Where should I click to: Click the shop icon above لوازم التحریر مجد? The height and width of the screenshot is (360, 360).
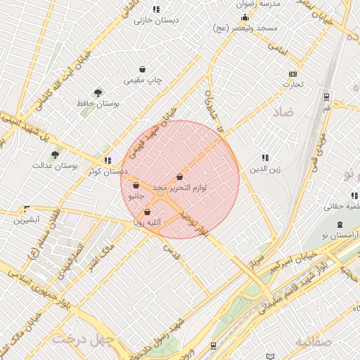click(x=180, y=176)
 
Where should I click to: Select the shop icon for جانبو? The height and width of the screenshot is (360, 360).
click(x=136, y=186)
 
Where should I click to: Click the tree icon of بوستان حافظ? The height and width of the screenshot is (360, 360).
click(x=98, y=92)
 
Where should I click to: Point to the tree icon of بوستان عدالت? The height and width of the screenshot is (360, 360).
click(x=55, y=155)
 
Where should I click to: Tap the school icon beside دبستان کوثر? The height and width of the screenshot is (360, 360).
click(x=107, y=160)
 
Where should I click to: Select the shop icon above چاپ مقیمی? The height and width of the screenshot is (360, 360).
click(x=143, y=70)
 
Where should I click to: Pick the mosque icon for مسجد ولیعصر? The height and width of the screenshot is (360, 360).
click(x=245, y=18)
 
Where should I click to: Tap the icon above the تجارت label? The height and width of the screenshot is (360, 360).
click(x=293, y=74)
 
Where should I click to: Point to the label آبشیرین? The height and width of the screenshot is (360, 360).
click(x=26, y=220)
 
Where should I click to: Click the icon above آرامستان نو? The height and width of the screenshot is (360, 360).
click(x=340, y=225)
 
